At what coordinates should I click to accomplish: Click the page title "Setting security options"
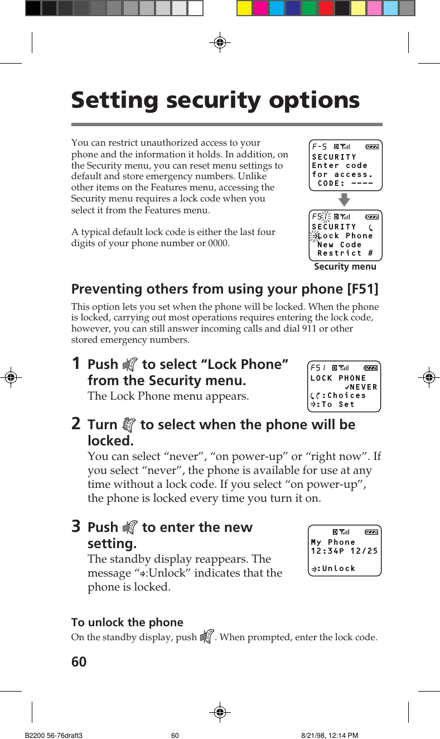tap(215, 100)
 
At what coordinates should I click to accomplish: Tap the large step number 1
tap(78, 363)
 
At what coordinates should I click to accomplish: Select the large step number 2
tap(78, 424)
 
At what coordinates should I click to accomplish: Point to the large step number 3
tap(78, 526)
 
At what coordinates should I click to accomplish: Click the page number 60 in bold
tap(79, 661)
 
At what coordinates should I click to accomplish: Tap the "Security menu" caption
tap(345, 267)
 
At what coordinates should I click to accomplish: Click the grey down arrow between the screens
tap(345, 200)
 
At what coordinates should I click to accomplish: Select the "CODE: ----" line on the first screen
tap(345, 183)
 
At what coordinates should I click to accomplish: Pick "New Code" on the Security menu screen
tap(340, 244)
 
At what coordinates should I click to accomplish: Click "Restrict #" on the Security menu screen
tap(345, 253)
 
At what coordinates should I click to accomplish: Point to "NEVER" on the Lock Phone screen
tap(364, 387)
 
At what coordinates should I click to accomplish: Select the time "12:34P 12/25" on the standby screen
tap(344, 551)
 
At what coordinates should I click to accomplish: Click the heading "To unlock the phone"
tap(127, 622)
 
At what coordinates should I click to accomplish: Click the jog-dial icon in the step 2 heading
tap(129, 425)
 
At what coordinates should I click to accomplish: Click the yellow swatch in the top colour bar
tap(245, 8)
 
